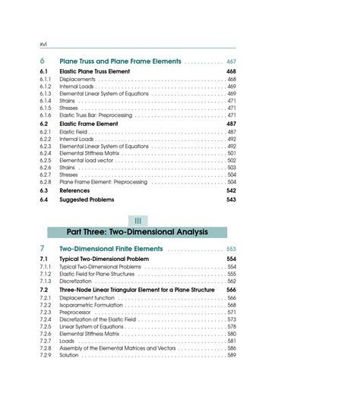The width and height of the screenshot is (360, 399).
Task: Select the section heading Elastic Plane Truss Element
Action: [x=94, y=71]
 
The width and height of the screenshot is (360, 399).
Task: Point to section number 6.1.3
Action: [x=46, y=93]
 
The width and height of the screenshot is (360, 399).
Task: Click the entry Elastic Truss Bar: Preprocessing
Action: [x=96, y=115]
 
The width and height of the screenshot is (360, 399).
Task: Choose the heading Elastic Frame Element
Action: [x=88, y=124]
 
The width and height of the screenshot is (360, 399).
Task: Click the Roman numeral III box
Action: [x=137, y=220]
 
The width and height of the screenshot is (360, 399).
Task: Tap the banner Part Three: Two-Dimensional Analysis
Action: [x=137, y=232]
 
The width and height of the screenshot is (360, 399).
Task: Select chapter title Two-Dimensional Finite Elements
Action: [x=111, y=249]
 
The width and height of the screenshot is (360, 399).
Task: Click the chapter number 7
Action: [x=43, y=249]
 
